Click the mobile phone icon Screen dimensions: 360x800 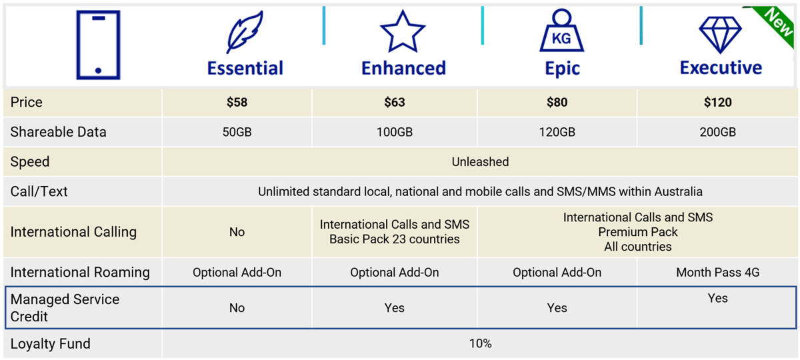tap(98, 45)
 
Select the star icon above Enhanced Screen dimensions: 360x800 tap(403, 31)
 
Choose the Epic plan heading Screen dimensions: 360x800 tap(562, 68)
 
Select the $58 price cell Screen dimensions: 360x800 tap(237, 102)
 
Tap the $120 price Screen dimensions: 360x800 tap(717, 102)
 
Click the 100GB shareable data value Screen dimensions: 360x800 tap(395, 132)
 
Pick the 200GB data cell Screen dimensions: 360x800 tap(717, 132)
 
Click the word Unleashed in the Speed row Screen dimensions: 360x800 tap(480, 162)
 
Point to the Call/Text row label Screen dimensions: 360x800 tap(39, 192)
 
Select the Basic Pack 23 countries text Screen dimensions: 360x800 tap(395, 239)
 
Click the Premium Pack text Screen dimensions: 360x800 tap(637, 232)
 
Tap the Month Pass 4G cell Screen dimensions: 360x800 tap(717, 272)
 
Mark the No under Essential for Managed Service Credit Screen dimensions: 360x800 tap(237, 308)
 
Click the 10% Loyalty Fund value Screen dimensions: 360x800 tap(480, 343)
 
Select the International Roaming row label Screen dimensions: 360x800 tap(81, 272)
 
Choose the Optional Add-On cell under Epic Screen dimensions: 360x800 tap(557, 272)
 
